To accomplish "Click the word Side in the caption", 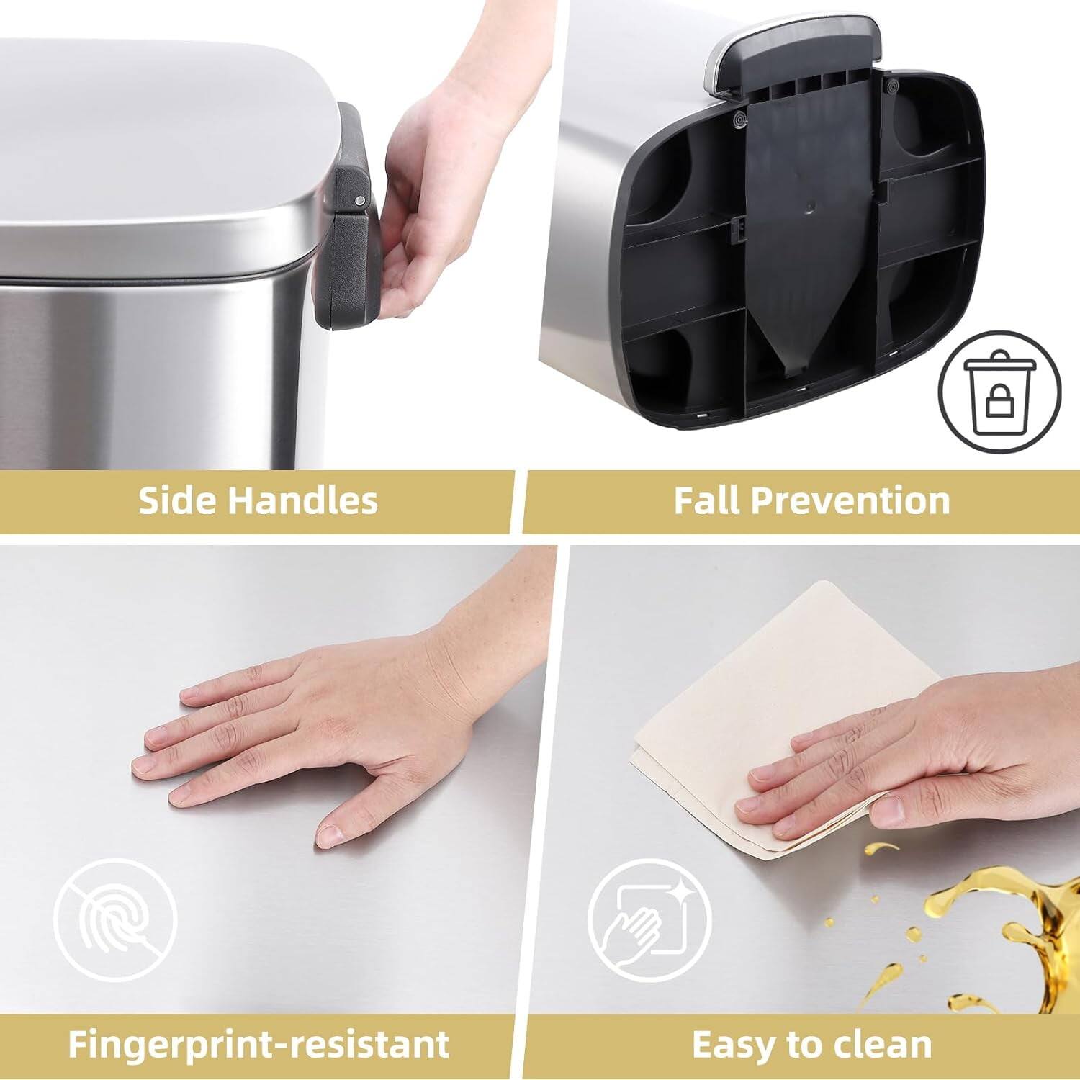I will (x=174, y=500).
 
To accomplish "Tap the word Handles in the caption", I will (x=302, y=500).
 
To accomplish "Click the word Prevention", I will (x=853, y=500).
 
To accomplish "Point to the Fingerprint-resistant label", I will (x=258, y=1043).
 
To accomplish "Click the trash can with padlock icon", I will (x=999, y=392).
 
